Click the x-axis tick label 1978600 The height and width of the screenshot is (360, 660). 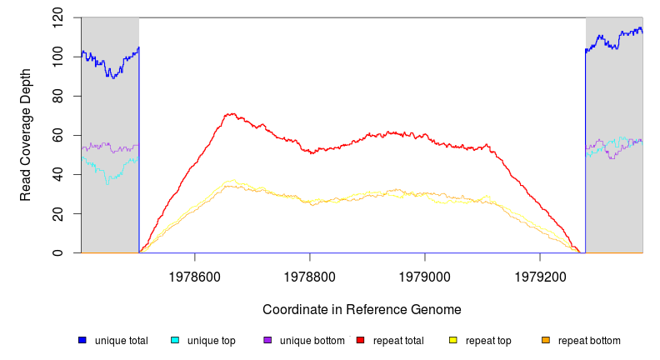(x=195, y=274)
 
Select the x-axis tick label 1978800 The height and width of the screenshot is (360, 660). (x=310, y=274)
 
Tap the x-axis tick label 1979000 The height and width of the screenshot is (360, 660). (x=425, y=274)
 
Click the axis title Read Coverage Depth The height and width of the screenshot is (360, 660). (x=26, y=135)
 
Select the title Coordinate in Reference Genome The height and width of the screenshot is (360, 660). (x=362, y=309)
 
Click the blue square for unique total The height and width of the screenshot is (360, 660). (x=82, y=340)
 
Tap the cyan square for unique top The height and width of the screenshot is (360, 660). (x=175, y=340)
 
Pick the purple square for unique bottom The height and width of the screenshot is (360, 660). (x=267, y=340)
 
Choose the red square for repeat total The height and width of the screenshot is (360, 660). (x=361, y=340)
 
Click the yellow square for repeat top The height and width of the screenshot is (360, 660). (x=453, y=340)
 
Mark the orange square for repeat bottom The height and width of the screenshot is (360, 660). (x=546, y=340)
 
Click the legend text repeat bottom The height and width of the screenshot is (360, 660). (x=589, y=341)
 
